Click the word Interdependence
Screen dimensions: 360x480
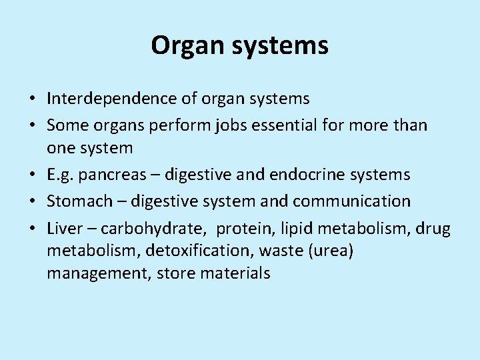point(113,99)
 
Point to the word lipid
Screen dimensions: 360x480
point(294,229)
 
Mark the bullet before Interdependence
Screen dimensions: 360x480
point(32,100)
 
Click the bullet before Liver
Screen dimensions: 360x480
point(32,229)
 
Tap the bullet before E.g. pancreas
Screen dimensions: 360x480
point(32,175)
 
